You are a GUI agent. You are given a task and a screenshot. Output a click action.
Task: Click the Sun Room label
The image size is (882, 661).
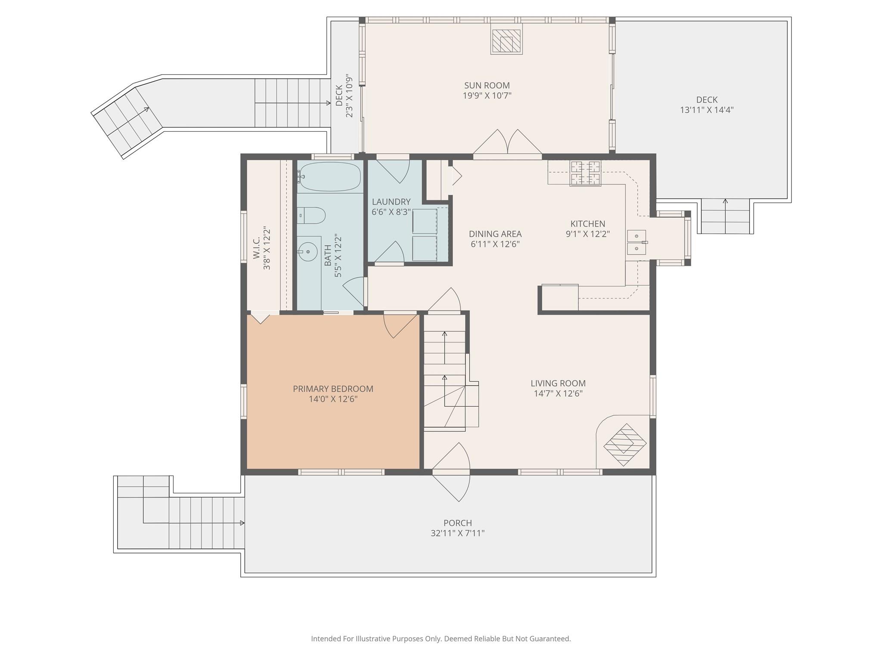pos(487,85)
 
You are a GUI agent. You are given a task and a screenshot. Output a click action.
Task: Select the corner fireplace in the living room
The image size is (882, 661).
pos(625,444)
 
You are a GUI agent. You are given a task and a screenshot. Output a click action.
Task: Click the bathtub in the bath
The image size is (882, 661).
pos(330,176)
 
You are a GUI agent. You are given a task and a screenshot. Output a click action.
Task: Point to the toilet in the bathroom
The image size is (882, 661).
pos(311,215)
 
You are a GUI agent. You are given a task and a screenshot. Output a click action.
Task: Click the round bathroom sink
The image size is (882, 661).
pos(307,252)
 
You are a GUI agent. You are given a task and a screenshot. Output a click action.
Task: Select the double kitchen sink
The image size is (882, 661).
pos(637,242)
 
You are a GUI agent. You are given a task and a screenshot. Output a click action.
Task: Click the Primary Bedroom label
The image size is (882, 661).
pos(333,389)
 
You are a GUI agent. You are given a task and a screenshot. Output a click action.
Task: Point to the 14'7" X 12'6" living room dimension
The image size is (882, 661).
pos(558,393)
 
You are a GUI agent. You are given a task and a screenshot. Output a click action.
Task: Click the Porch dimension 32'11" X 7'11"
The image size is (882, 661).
pos(457,533)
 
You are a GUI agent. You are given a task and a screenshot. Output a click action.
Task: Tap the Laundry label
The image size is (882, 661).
pos(391,201)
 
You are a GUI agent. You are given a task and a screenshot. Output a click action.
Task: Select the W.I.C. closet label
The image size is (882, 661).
pos(257,248)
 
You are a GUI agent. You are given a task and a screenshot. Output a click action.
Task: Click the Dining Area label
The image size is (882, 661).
pos(495,234)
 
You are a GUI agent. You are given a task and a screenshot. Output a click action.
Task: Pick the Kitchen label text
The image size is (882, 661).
pos(587,223)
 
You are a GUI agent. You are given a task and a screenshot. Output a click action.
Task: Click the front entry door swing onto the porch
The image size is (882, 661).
pos(451,472)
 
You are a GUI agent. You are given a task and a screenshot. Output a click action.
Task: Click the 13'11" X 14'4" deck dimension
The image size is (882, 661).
pos(706,110)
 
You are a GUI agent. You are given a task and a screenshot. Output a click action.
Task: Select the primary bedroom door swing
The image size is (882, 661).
pos(401,326)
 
